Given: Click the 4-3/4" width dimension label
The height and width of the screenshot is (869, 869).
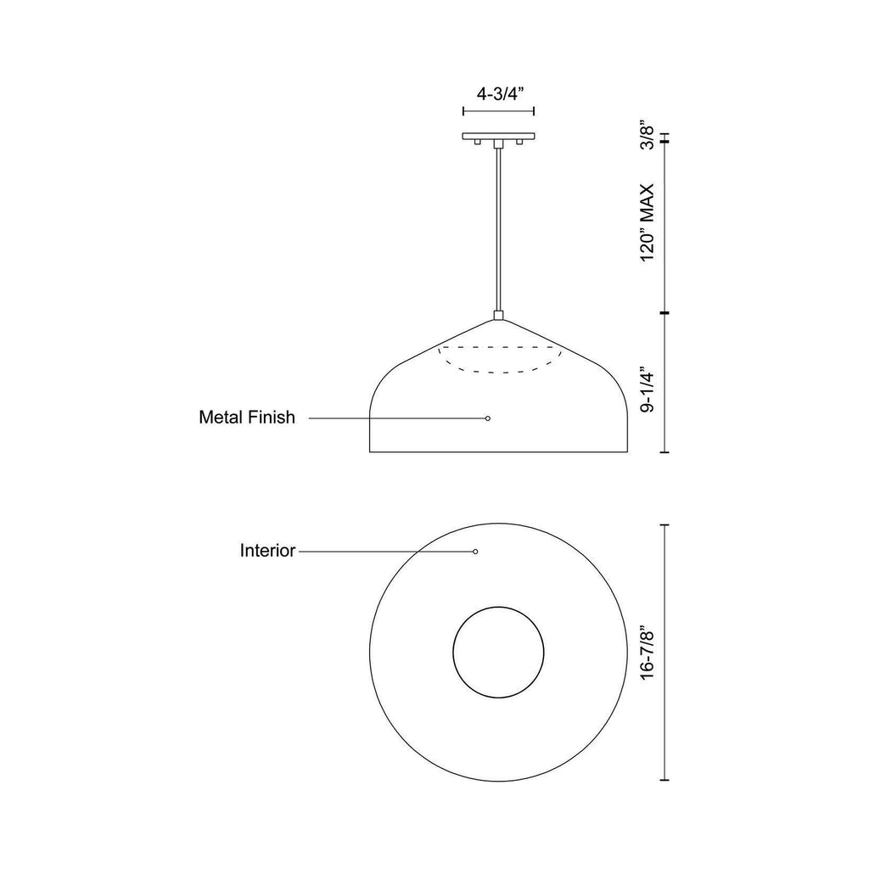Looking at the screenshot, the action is [497, 94].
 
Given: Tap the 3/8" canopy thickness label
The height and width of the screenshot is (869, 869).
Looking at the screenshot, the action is [648, 135].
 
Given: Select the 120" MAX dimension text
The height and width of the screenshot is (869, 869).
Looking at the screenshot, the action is [648, 223].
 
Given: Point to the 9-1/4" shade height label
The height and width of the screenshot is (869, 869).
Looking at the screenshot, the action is [648, 389].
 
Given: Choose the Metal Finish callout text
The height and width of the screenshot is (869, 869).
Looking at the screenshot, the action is [247, 417].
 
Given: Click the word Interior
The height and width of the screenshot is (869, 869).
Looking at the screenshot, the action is [267, 550].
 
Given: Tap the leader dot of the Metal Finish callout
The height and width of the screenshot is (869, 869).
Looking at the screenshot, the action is [488, 418].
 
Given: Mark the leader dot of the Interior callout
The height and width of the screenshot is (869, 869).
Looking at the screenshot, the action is [475, 552].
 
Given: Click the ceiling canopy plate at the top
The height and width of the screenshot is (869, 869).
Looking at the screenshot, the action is [499, 136].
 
